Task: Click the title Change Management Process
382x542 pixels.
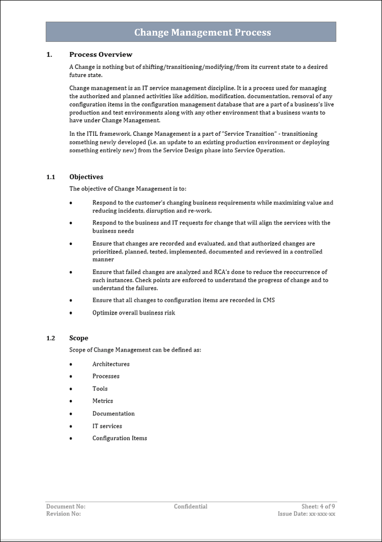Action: tap(202, 32)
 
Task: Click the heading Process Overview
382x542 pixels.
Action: tap(101, 55)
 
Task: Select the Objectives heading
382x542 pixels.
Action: tap(86, 177)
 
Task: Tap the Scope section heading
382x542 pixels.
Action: tap(79, 338)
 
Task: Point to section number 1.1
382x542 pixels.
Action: tap(50, 177)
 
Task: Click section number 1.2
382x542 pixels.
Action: tap(50, 338)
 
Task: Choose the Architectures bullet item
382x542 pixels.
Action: tap(111, 364)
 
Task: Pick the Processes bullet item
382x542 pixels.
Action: tap(106, 377)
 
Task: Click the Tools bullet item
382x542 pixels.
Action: tap(100, 389)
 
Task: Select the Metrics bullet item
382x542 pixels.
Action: tap(102, 401)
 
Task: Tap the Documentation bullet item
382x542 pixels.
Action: tap(114, 414)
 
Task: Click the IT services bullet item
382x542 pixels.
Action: tap(107, 426)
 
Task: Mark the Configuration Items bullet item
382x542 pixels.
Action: tap(120, 439)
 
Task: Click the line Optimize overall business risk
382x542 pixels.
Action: tap(134, 313)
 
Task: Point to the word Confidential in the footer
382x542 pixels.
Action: tap(190, 506)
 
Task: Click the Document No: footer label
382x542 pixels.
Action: tap(66, 506)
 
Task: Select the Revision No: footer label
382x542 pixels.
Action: tap(64, 514)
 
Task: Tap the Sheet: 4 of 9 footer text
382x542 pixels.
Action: tap(318, 506)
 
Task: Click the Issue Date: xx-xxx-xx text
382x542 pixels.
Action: tap(307, 514)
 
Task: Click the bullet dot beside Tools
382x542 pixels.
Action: tap(71, 389)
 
